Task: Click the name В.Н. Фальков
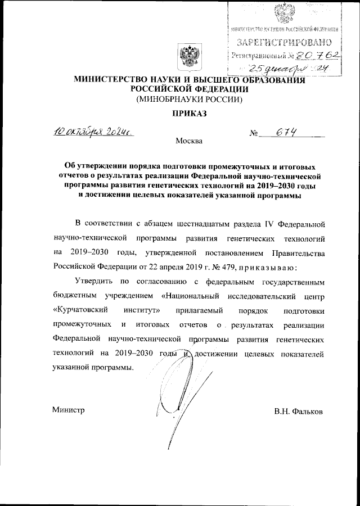click(x=298, y=412)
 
